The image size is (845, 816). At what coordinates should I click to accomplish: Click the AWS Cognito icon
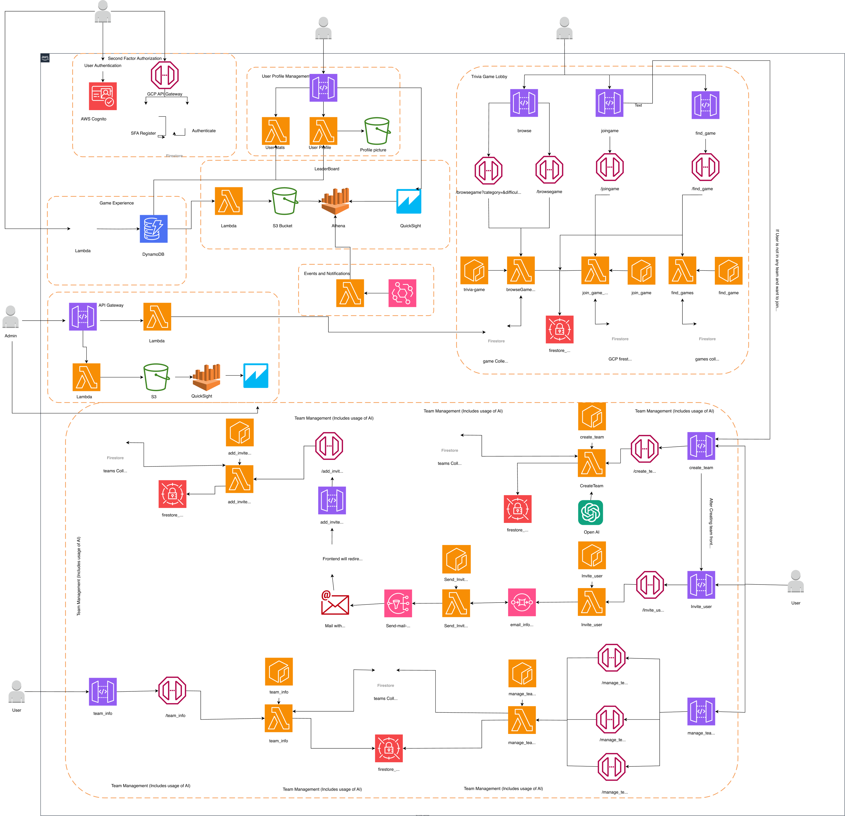point(103,96)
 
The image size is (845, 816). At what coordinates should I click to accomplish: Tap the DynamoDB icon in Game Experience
point(154,229)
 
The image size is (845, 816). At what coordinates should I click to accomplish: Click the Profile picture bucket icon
point(377,131)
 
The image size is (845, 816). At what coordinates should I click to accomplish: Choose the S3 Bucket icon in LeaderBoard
point(285,201)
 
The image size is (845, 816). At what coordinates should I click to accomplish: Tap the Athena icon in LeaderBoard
point(335,201)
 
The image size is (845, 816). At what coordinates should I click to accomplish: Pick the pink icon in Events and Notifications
point(402,293)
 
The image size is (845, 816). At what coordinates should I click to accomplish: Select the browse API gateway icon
point(524,103)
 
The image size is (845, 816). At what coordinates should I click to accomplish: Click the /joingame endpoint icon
point(610,167)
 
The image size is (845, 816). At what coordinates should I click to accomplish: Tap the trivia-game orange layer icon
point(474,270)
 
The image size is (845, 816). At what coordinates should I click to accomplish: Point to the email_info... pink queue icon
point(522,603)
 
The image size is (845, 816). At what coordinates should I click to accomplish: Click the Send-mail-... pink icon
point(398,603)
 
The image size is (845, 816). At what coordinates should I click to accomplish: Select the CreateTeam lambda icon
point(591,463)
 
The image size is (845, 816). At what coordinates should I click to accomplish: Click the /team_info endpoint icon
point(172,690)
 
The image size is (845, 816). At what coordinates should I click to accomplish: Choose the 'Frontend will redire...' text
point(342,559)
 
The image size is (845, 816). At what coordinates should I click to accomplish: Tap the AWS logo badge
point(45,58)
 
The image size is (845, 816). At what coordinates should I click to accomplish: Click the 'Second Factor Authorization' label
point(135,58)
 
